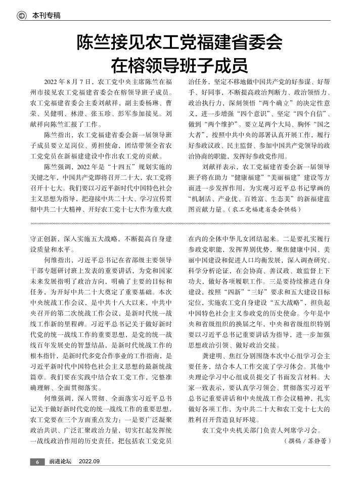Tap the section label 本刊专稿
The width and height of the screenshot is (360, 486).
point(47,16)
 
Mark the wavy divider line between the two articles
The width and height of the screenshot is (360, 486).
point(179,223)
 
